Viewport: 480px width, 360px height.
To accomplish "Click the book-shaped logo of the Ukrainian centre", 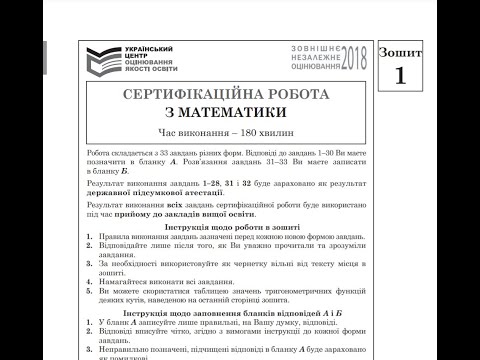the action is point(101,62).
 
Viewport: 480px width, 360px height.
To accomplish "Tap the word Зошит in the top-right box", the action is point(400,51).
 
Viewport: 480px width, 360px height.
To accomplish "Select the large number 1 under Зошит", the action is point(400,74).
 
